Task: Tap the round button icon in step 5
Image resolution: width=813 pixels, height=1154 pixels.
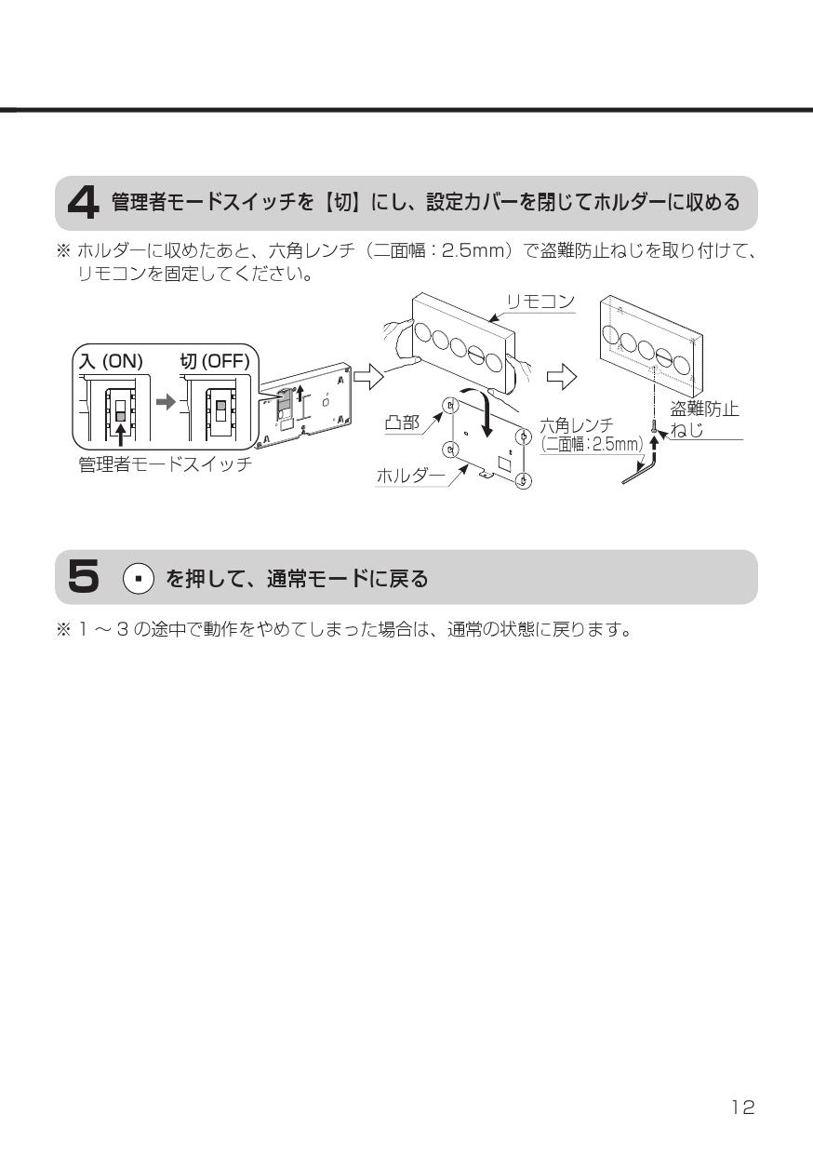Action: (137, 579)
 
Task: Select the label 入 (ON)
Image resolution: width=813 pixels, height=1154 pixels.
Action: (109, 361)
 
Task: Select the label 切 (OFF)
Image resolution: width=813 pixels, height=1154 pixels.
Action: (214, 361)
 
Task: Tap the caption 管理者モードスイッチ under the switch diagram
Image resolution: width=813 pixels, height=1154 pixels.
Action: (165, 463)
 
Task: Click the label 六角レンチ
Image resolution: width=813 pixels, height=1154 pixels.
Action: (577, 426)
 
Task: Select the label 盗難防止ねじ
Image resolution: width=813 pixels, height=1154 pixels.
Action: (704, 418)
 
